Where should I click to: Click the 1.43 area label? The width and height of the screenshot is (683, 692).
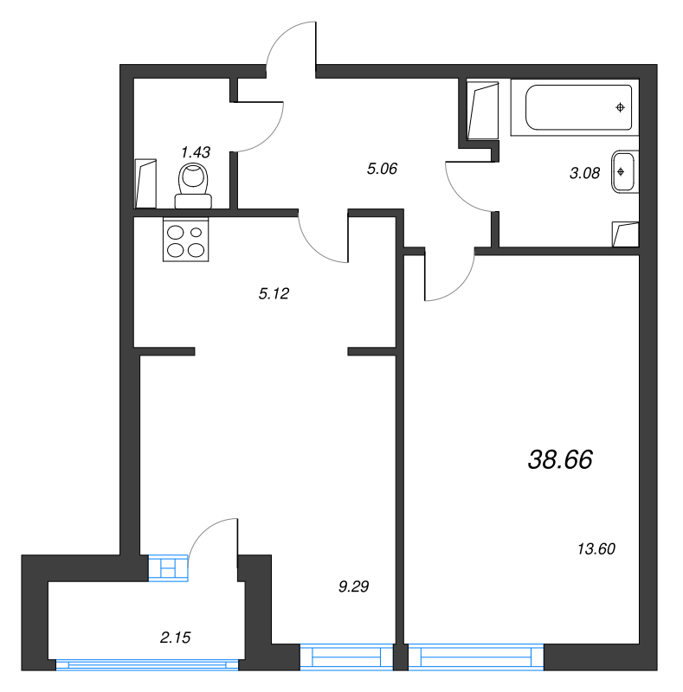(x=195, y=152)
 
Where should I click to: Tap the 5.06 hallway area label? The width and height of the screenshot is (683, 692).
(x=382, y=169)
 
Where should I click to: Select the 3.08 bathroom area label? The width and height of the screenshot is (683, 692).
(x=584, y=172)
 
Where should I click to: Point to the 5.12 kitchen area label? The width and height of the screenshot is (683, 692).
(x=273, y=293)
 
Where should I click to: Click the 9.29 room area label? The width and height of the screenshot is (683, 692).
(x=354, y=586)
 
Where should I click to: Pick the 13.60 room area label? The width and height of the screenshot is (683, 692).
(x=596, y=548)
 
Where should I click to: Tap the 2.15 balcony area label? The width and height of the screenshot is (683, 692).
(x=176, y=638)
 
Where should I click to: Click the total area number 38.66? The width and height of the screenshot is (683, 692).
(x=560, y=460)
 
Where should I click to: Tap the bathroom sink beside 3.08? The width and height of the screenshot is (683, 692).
(x=623, y=171)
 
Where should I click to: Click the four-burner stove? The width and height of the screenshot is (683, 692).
(x=187, y=240)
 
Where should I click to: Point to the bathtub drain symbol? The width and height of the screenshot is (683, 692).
(x=620, y=107)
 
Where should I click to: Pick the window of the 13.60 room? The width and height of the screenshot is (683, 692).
(x=476, y=657)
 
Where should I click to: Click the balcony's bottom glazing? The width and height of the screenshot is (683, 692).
(x=147, y=664)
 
